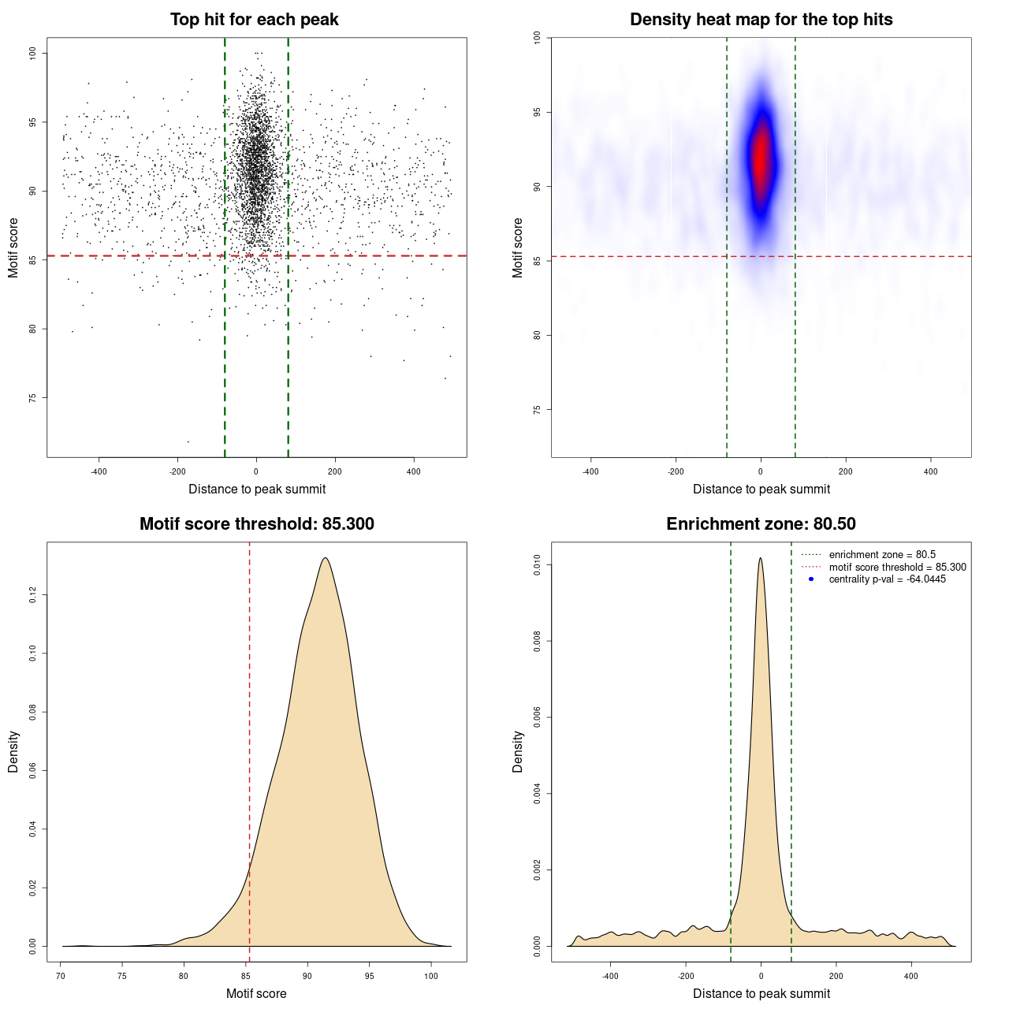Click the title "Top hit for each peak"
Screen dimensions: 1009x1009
[x=254, y=20]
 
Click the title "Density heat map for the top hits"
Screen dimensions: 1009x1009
[x=761, y=20]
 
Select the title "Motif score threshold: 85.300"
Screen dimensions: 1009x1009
[x=256, y=524]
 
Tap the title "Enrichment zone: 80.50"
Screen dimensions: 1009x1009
[x=761, y=524]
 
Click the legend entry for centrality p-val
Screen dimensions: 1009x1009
[x=887, y=579]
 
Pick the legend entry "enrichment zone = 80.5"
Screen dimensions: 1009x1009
[x=882, y=555]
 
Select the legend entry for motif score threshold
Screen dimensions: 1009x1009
[x=897, y=568]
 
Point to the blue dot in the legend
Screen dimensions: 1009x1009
[x=811, y=579]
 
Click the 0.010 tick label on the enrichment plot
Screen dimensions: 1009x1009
[x=538, y=564]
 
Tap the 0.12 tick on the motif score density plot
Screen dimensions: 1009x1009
[x=33, y=596]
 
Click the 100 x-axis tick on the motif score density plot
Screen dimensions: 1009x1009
[x=430, y=976]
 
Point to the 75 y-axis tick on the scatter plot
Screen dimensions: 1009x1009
[x=33, y=398]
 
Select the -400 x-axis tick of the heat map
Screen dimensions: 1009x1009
[x=590, y=471]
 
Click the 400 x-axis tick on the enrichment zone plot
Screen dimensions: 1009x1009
[x=911, y=976]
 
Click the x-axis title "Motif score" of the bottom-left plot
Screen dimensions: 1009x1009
[x=256, y=993]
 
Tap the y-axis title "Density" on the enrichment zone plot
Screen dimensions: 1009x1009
[x=518, y=751]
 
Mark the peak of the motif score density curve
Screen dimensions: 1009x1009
[x=325, y=558]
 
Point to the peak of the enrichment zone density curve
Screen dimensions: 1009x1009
[x=760, y=558]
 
